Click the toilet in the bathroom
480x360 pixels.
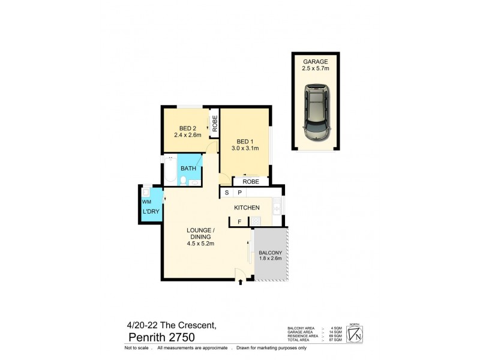[x=182, y=180]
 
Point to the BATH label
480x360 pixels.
[x=188, y=169]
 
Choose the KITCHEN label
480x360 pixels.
[x=247, y=208]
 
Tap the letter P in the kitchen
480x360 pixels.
[x=239, y=193]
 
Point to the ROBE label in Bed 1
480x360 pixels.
[x=251, y=181]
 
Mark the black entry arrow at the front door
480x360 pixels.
[x=241, y=281]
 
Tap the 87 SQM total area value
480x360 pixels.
[x=337, y=340]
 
